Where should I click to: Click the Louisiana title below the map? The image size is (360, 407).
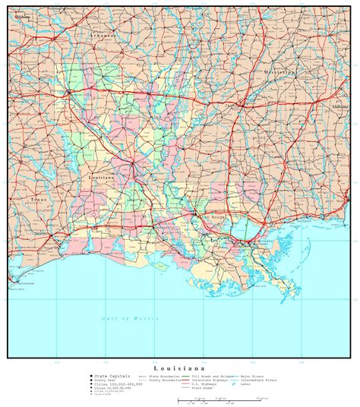point(181,367)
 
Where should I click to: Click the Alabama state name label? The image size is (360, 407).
point(339,108)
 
